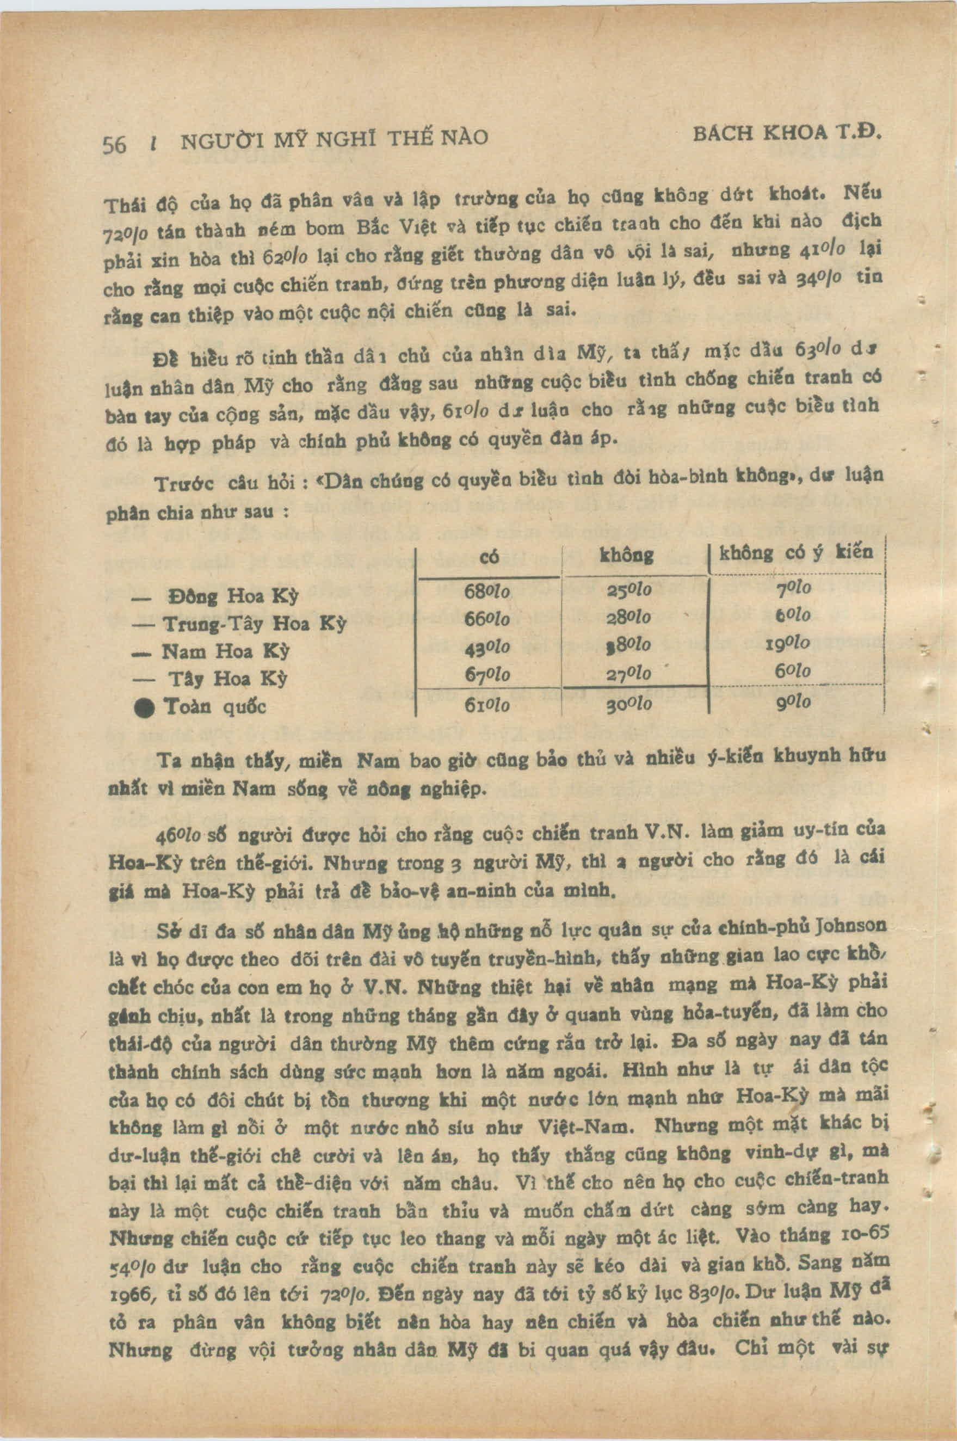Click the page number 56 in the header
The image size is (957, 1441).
pyautogui.click(x=114, y=145)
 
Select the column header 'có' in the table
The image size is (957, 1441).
pyautogui.click(x=490, y=557)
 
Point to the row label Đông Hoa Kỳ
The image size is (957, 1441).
pyautogui.click(x=232, y=596)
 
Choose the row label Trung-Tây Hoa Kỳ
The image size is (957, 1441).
pyautogui.click(x=255, y=624)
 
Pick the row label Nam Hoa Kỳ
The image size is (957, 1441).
pyautogui.click(x=225, y=652)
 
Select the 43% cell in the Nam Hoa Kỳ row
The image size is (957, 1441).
pyautogui.click(x=487, y=647)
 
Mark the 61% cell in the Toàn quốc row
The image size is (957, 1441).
pyautogui.click(x=487, y=705)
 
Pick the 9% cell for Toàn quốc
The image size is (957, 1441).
pyautogui.click(x=793, y=703)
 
